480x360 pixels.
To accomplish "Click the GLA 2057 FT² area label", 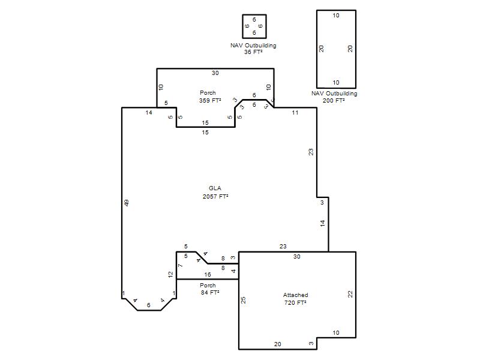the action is coord(215,192).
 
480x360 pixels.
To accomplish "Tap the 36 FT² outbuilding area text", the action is coord(253,52).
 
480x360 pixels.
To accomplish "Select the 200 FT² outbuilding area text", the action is coord(334,100).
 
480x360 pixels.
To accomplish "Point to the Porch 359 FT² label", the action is coord(209,97).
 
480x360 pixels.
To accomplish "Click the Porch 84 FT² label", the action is coord(209,289).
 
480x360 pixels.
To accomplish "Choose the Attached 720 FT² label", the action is coord(295,299).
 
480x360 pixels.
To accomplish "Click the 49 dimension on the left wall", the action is coord(127,203).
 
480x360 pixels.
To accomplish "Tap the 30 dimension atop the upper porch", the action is coord(215,73).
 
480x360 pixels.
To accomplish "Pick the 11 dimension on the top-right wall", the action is coord(295,113).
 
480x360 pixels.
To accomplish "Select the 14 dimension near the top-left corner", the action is coord(148,113).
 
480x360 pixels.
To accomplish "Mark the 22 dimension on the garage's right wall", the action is coord(350,294).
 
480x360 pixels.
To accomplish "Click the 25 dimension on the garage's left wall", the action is coord(243,300).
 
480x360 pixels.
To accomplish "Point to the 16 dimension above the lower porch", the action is coord(208,275).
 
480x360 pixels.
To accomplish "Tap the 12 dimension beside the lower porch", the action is coord(170,275).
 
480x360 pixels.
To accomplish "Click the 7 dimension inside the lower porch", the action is coord(181,265).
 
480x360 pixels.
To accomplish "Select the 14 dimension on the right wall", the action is coord(322,223).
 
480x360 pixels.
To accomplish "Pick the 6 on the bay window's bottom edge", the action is coord(148,305).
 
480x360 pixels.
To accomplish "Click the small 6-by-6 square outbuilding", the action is coord(254,26).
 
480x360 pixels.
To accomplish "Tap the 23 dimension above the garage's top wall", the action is coord(283,246).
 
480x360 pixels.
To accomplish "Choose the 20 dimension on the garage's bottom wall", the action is coord(277,344).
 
